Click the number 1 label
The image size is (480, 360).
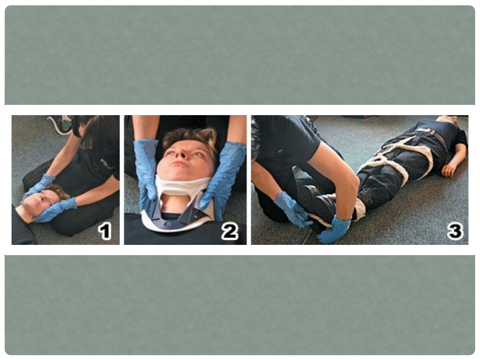(105, 232)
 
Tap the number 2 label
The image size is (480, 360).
(230, 232)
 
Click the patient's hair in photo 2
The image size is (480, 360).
(190, 136)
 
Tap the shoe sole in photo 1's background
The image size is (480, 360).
(60, 124)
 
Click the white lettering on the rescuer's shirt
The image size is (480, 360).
(107, 164)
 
